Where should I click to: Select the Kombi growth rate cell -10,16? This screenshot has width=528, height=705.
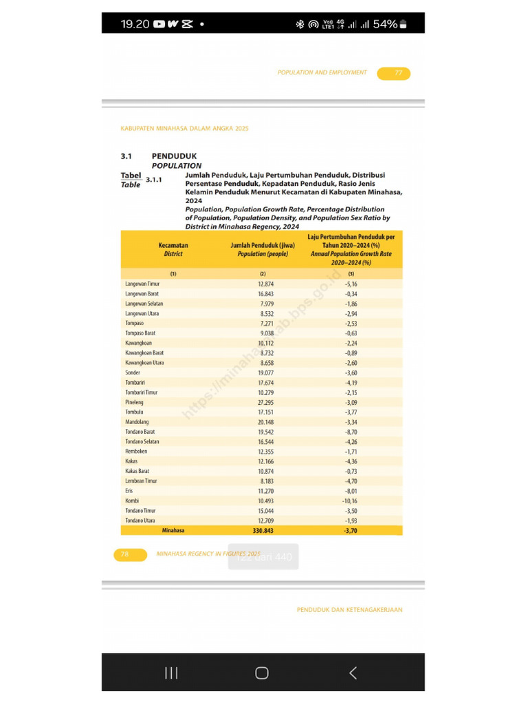pyautogui.click(x=351, y=501)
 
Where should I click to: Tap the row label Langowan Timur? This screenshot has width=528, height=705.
pyautogui.click(x=144, y=284)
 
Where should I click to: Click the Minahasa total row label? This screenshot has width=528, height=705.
pyautogui.click(x=173, y=531)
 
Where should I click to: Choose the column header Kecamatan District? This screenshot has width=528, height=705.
pyautogui.click(x=173, y=249)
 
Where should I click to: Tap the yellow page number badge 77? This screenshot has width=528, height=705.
pyautogui.click(x=393, y=74)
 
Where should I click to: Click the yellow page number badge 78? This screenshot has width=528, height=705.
pyautogui.click(x=130, y=554)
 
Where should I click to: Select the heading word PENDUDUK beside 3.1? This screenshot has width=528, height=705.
pyautogui.click(x=174, y=156)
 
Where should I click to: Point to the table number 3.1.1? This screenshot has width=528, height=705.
pyautogui.click(x=153, y=180)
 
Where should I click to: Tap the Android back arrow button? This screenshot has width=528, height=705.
pyautogui.click(x=353, y=673)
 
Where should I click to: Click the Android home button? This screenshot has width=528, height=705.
pyautogui.click(x=262, y=673)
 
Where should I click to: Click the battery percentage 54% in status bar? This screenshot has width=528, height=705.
pyautogui.click(x=385, y=24)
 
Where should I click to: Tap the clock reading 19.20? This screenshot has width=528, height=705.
pyautogui.click(x=135, y=24)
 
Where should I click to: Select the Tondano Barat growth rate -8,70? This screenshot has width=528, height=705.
pyautogui.click(x=351, y=432)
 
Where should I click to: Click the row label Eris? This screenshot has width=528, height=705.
pyautogui.click(x=129, y=491)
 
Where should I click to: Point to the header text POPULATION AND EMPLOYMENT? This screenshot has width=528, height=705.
pyautogui.click(x=322, y=72)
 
